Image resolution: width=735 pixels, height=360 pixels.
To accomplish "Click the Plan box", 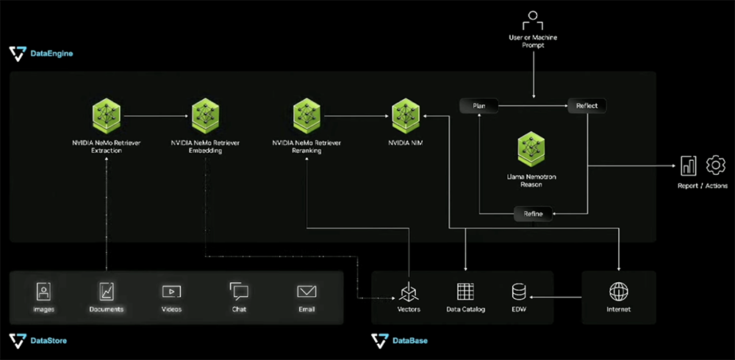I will coord(478,106).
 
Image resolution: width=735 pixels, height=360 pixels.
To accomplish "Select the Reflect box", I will coord(587,106).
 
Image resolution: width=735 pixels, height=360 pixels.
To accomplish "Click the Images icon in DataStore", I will coord(44,292).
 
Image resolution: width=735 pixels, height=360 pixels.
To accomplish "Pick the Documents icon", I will coord(107,292).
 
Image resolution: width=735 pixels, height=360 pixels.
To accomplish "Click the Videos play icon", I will coord(171,292).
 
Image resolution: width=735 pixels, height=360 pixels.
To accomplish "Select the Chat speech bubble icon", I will coord(239,292).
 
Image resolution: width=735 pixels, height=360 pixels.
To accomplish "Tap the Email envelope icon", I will coord(306,292).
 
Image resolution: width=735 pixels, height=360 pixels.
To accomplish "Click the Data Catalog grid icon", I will coord(466,292).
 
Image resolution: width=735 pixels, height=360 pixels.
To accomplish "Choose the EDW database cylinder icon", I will coord(519,292).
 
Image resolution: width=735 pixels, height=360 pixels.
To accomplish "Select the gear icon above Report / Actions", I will coord(715,165).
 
